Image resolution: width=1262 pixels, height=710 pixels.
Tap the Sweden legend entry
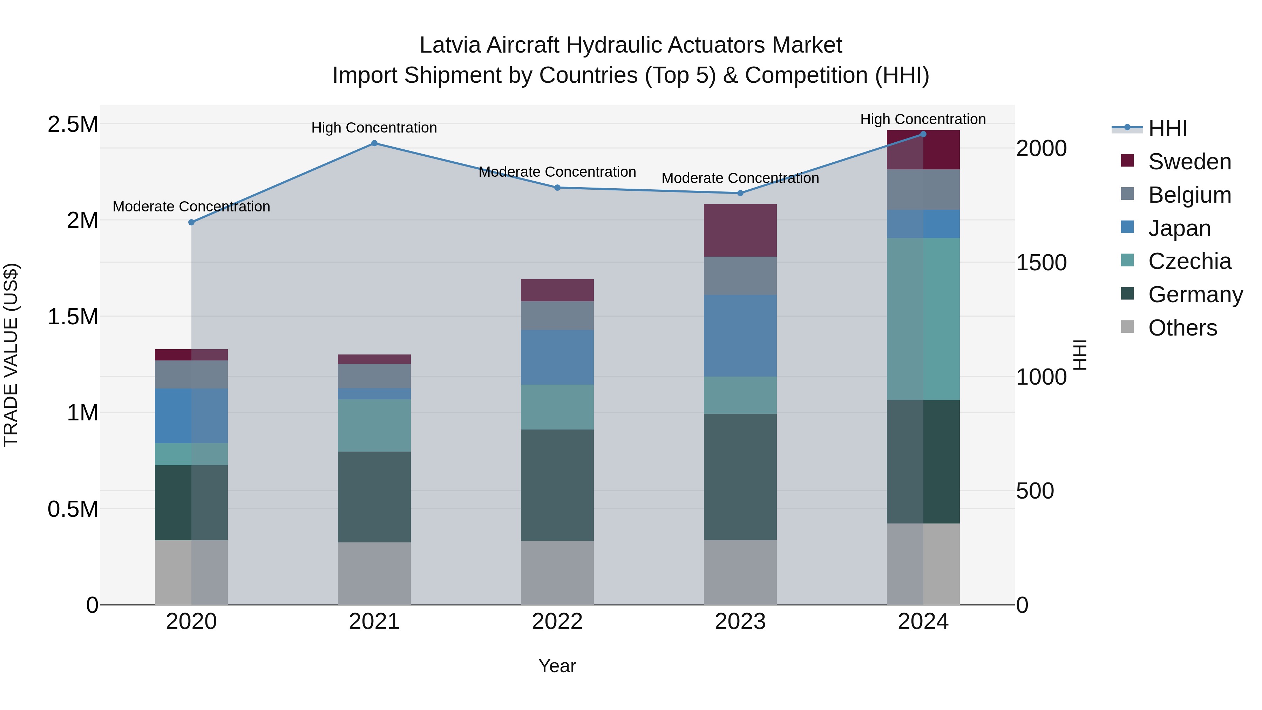click(x=1189, y=162)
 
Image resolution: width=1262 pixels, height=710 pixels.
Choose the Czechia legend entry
click(x=1189, y=261)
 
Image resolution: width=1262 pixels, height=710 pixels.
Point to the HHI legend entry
click(x=1167, y=128)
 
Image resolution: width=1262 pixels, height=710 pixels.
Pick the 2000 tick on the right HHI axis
click(x=1041, y=148)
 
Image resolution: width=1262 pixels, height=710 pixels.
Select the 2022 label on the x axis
click(x=557, y=622)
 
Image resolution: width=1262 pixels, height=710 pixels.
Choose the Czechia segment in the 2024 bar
click(x=923, y=319)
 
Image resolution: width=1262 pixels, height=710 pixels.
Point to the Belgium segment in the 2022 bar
click(x=557, y=316)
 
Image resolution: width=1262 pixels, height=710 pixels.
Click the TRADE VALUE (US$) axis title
click(x=11, y=355)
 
